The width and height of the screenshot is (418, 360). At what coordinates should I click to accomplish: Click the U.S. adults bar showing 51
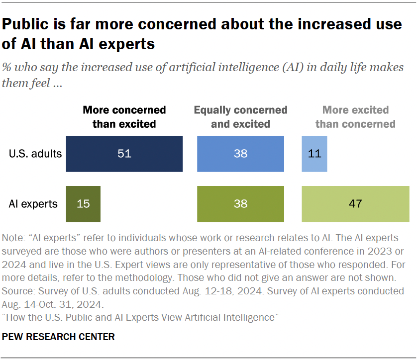[124, 154]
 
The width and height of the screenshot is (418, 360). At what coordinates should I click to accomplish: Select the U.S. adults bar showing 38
[240, 154]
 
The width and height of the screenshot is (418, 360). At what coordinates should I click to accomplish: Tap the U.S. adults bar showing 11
[314, 154]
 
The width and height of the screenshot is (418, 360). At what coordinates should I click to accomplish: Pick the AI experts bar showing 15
[83, 204]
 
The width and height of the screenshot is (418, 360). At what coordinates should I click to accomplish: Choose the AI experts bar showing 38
[240, 204]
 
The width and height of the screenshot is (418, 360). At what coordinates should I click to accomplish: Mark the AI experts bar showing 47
[355, 204]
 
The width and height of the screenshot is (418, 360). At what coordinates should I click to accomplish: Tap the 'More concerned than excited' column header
[124, 117]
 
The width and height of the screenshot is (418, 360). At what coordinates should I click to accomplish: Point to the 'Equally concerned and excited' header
[240, 117]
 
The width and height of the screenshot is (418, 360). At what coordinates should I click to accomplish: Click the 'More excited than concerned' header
[355, 117]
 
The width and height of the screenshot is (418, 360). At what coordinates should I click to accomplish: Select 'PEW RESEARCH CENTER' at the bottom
[59, 337]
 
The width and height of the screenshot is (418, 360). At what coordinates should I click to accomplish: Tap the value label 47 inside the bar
[355, 204]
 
